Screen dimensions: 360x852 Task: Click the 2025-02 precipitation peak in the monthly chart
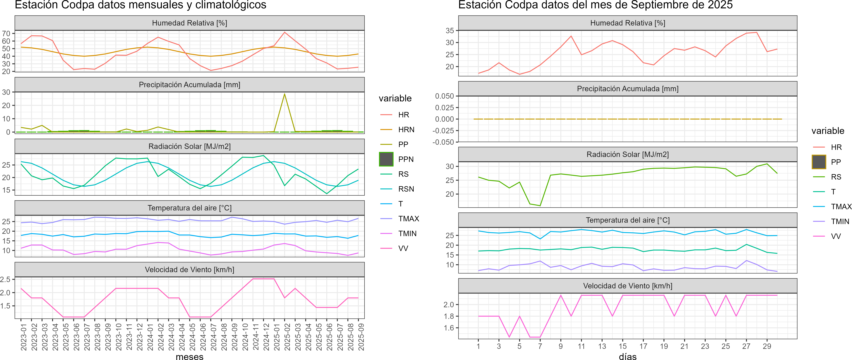click(x=285, y=94)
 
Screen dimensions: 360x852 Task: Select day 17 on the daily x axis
click(x=643, y=346)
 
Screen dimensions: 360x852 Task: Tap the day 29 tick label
click(x=767, y=346)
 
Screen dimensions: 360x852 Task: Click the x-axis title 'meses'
click(x=189, y=356)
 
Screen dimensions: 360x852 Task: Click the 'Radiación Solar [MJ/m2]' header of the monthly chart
click(x=189, y=146)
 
